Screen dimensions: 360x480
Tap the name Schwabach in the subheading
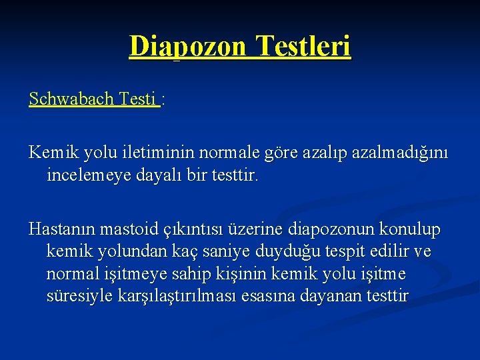(71, 99)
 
